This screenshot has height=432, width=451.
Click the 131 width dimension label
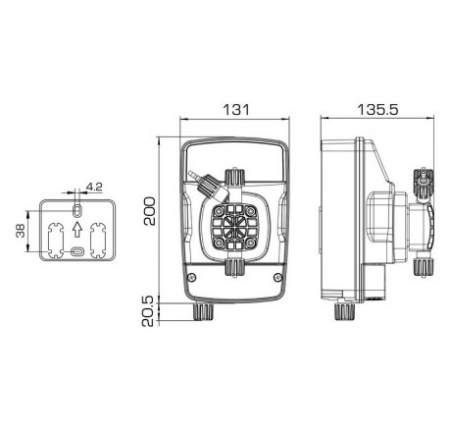point(236,110)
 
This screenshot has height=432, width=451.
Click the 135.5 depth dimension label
point(377,110)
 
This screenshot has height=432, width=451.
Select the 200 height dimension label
point(150,211)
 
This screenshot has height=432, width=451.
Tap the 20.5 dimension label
point(148,311)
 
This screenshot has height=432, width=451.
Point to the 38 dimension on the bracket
point(21,231)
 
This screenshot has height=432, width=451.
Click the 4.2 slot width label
point(94,187)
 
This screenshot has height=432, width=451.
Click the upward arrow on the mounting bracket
point(76,229)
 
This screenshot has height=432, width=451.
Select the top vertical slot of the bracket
point(76,210)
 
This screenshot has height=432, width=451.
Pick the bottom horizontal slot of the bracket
point(77,251)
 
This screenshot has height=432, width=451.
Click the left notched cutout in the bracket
point(56,241)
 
